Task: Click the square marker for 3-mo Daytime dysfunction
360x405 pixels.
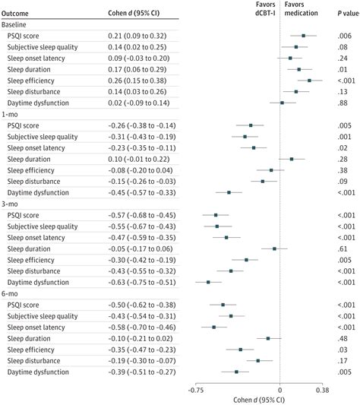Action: click(x=209, y=282)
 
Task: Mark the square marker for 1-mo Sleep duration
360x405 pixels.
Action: click(x=292, y=159)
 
